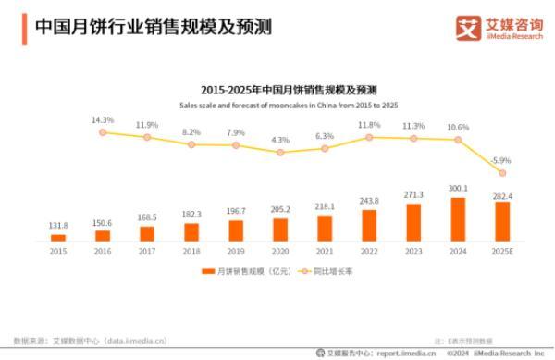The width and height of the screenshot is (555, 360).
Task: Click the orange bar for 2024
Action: [x=458, y=219]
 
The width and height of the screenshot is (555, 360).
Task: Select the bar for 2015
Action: [x=58, y=238]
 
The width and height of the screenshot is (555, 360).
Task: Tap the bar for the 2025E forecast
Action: [x=502, y=221]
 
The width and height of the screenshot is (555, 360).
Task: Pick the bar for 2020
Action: [x=280, y=230]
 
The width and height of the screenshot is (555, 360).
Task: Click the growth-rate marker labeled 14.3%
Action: [x=103, y=132]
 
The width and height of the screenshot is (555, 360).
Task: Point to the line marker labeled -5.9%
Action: [x=502, y=173]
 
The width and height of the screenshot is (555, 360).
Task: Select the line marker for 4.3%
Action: [x=280, y=152]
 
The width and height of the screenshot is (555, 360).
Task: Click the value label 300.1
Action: [x=458, y=189]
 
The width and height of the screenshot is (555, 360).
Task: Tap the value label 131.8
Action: [x=58, y=226]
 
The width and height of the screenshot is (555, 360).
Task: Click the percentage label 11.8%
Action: [x=369, y=124]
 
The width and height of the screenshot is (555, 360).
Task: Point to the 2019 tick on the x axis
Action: [x=236, y=252]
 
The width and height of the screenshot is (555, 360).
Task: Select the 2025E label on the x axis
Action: [x=502, y=252]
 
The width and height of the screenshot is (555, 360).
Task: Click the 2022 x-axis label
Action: [x=369, y=252]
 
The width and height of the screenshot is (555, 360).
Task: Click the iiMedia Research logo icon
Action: [x=467, y=27]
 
